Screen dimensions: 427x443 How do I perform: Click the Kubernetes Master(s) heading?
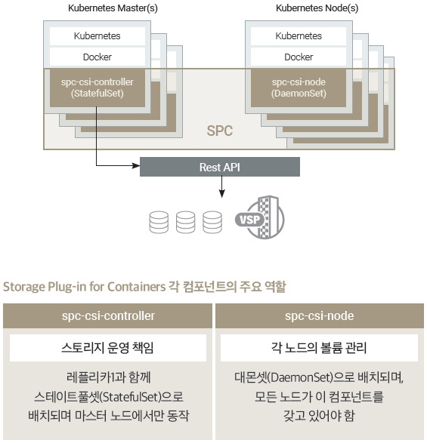(113, 8)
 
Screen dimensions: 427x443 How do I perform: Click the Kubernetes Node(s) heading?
(317, 8)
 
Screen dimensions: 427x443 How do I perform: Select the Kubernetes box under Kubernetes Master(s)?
(97, 36)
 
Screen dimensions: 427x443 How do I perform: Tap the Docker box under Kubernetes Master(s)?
(97, 57)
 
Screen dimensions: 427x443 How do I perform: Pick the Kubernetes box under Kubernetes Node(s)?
(299, 36)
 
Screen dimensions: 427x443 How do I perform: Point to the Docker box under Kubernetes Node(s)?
(299, 57)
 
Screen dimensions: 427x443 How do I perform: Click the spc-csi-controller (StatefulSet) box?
(97, 88)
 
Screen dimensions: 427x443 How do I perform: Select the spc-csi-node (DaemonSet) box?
(299, 88)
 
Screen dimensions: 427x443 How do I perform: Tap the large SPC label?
(220, 131)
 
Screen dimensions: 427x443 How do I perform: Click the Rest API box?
(220, 167)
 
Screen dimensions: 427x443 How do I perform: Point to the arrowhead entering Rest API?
(136, 165)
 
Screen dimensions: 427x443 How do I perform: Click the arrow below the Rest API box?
(222, 186)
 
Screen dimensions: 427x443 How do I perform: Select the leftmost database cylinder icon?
(159, 223)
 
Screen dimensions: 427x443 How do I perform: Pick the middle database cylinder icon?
(185, 223)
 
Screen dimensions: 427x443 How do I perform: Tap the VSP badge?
(249, 220)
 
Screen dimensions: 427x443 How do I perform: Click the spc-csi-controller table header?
(107, 316)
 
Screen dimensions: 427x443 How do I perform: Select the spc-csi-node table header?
(320, 316)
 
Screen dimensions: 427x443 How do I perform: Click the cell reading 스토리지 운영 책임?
(108, 348)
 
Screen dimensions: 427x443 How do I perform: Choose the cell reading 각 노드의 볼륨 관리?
(319, 348)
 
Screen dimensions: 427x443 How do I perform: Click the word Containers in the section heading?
(136, 287)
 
